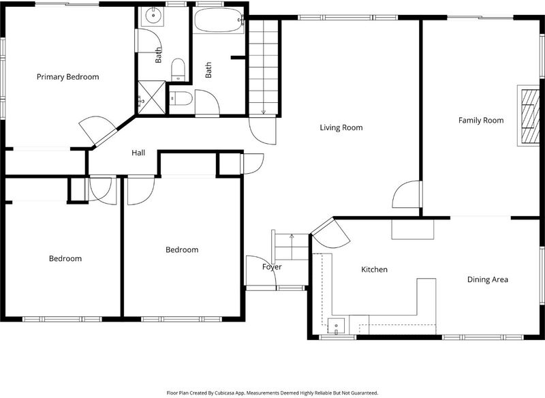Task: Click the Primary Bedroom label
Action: [x=67, y=77]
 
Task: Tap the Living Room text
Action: [x=341, y=127]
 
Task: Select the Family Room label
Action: [x=481, y=120]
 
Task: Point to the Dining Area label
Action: [x=487, y=279]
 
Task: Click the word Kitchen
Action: [x=374, y=269]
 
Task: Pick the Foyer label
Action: [x=272, y=267]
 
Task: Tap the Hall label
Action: [x=138, y=153]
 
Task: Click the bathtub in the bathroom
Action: [x=218, y=20]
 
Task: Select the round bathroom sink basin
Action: [x=152, y=15]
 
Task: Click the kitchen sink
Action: [x=336, y=326]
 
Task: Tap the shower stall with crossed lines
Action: [x=151, y=97]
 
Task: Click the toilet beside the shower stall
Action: [x=181, y=98]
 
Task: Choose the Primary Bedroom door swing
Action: [x=97, y=130]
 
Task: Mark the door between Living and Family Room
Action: [x=407, y=194]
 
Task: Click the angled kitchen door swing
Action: [x=330, y=232]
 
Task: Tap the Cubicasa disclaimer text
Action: [x=272, y=393]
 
